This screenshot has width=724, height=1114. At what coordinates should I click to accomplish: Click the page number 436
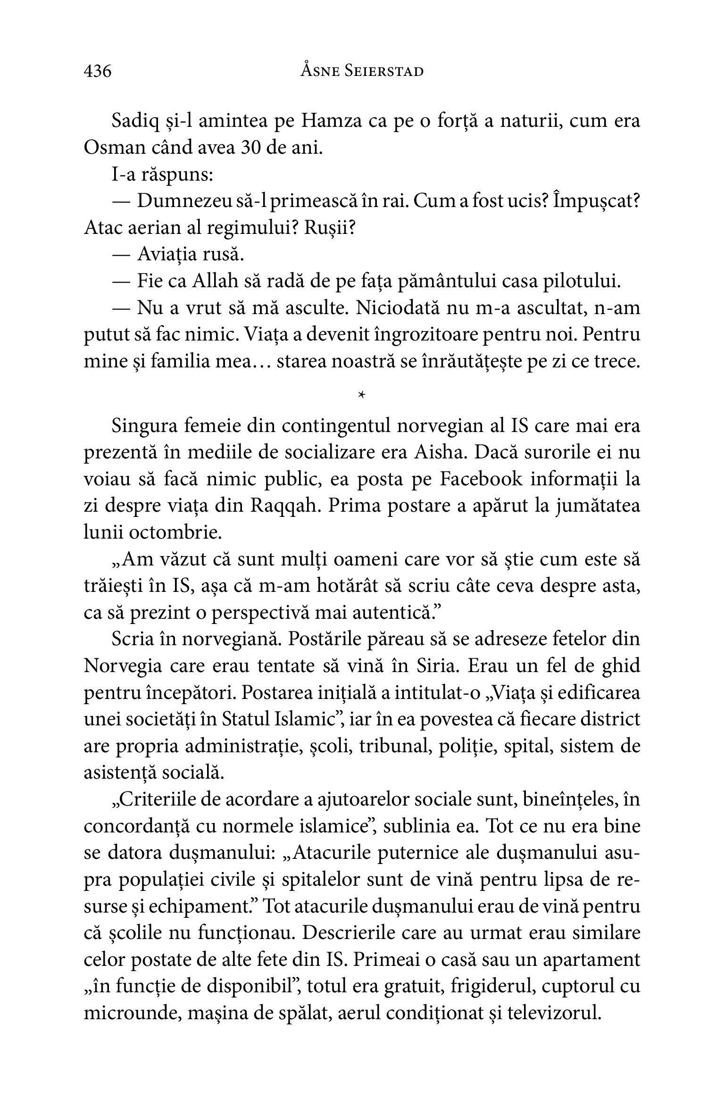click(98, 71)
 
